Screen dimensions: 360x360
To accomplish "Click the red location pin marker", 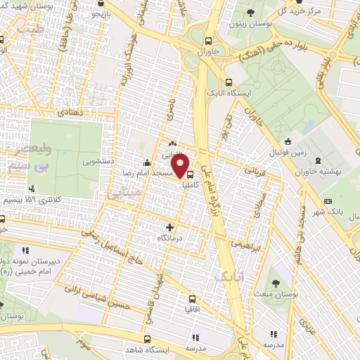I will pos(181,167).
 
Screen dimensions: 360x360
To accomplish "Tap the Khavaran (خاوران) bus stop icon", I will pos(209,40).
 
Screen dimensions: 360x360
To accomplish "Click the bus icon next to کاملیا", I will pos(190,175).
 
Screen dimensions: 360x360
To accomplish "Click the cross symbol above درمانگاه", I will pos(169,227).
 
